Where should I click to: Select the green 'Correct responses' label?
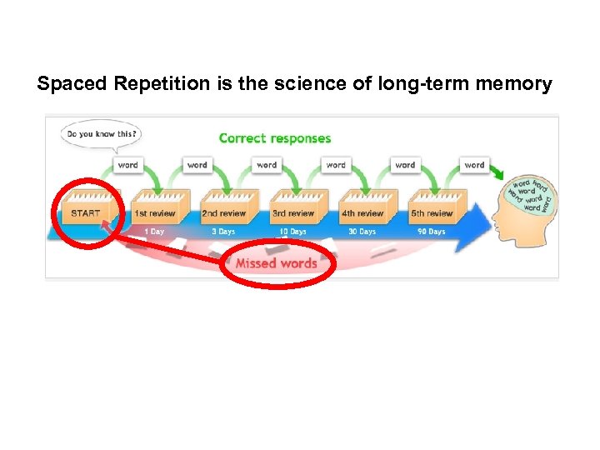tap(275, 138)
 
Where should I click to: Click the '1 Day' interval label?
tap(154, 232)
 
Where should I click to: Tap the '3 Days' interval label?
tap(223, 232)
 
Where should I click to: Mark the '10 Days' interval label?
tap(292, 232)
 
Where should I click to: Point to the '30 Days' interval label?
tap(362, 232)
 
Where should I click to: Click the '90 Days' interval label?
tap(431, 232)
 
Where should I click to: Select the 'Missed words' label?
tap(276, 263)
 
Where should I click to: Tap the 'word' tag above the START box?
tap(128, 165)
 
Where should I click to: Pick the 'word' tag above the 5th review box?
tap(475, 165)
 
